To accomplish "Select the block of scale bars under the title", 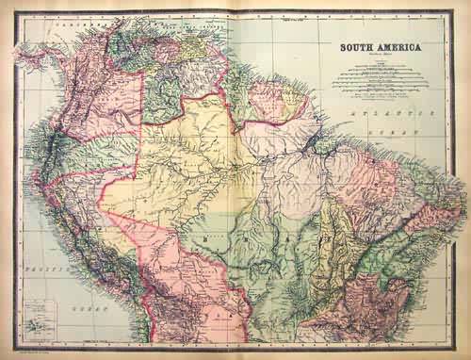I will tap(376, 79).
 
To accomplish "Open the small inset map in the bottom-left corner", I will tap(38, 315).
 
